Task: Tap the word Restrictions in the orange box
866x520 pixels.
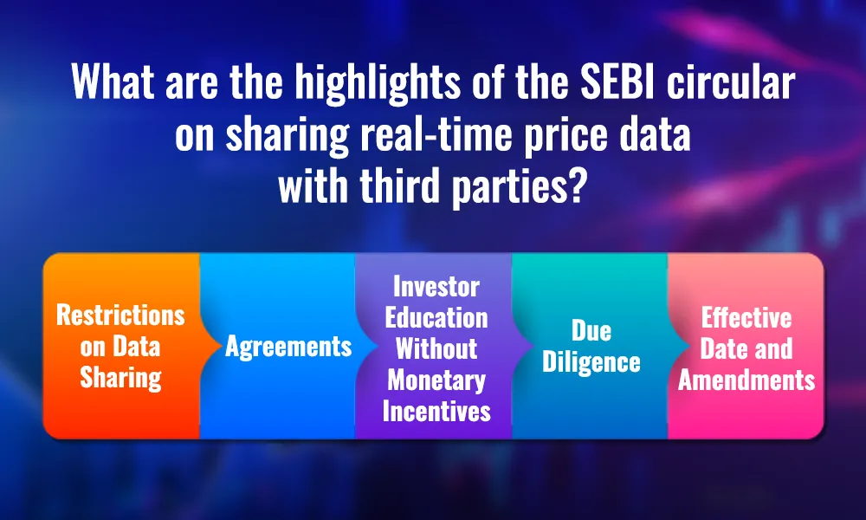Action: (x=120, y=315)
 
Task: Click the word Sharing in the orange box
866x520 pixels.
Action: (x=120, y=378)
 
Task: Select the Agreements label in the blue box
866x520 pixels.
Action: (x=288, y=347)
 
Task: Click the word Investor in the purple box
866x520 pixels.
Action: (x=436, y=285)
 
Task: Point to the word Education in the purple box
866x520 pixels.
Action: (x=436, y=316)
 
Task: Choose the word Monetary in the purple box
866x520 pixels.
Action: (x=436, y=380)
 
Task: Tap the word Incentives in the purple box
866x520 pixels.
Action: (x=436, y=411)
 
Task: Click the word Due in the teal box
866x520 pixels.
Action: (x=591, y=330)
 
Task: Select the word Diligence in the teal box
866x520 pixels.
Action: (x=591, y=362)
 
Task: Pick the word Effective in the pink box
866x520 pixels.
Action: (x=746, y=316)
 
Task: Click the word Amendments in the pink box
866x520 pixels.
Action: (x=746, y=380)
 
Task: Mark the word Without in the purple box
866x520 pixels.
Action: (x=436, y=348)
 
